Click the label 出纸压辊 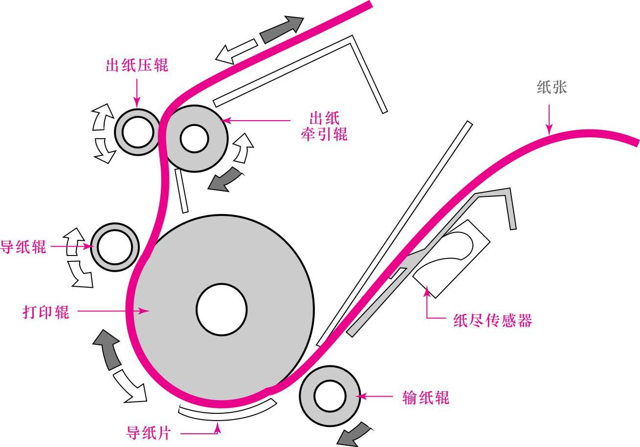(137, 65)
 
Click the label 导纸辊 (23, 246)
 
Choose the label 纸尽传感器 (492, 320)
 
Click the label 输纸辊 (425, 397)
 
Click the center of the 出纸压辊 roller (138, 132)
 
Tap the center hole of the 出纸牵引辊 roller (195, 138)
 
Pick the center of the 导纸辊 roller (114, 247)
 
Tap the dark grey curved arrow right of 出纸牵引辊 (225, 179)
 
